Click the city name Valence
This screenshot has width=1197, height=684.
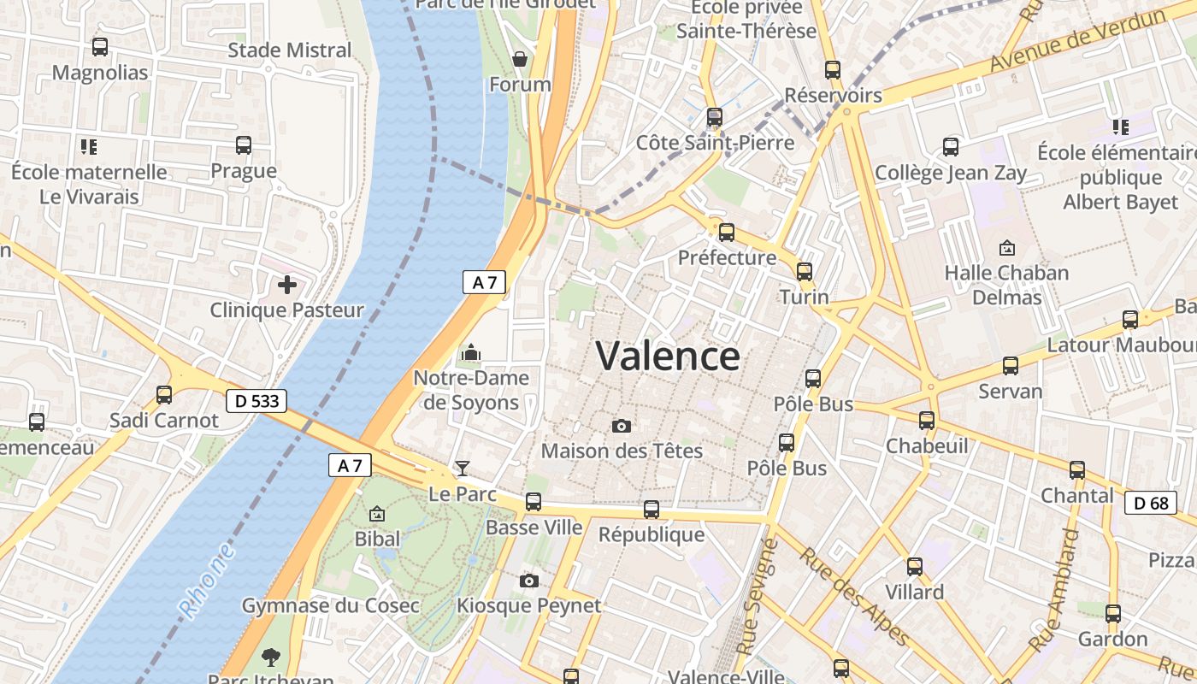pyautogui.click(x=668, y=356)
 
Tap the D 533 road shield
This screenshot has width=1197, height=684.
pyautogui.click(x=256, y=400)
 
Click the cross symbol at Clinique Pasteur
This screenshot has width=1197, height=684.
pyautogui.click(x=287, y=284)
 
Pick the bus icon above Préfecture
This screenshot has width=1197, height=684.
pyautogui.click(x=727, y=232)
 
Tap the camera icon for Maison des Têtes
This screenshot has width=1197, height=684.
pyautogui.click(x=622, y=426)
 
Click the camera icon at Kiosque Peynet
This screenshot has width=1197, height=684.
pyautogui.click(x=529, y=581)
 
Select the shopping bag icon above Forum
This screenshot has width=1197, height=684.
pyautogui.click(x=519, y=59)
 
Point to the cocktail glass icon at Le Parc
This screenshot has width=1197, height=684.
pyautogui.click(x=463, y=468)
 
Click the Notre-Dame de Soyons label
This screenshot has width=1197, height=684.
pyautogui.click(x=471, y=390)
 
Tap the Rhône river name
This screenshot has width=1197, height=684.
pyautogui.click(x=207, y=581)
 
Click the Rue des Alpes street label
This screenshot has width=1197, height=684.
pyautogui.click(x=854, y=596)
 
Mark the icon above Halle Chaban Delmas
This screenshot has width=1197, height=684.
pyautogui.click(x=1007, y=248)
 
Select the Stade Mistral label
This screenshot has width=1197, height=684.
pyautogui.click(x=290, y=50)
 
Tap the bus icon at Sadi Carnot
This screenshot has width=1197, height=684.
pyautogui.click(x=164, y=395)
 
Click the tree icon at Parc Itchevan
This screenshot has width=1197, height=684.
pyautogui.click(x=271, y=657)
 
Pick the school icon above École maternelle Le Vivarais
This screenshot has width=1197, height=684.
pyautogui.click(x=89, y=146)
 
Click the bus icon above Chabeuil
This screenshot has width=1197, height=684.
pyautogui.click(x=927, y=421)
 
